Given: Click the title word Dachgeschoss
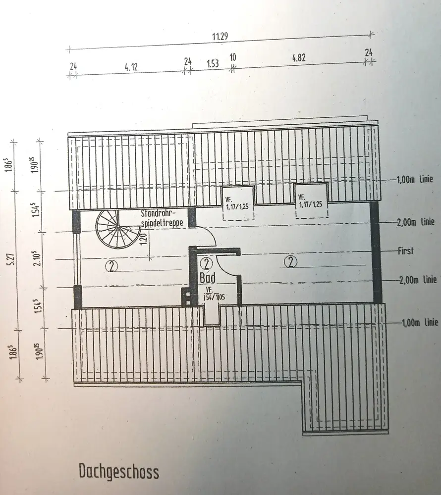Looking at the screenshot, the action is tap(119, 471).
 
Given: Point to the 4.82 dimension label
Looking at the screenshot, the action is tap(299, 57).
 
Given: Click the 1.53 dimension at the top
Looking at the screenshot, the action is tap(213, 64).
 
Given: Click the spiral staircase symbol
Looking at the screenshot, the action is tap(115, 229).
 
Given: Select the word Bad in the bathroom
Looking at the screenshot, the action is tap(208, 277).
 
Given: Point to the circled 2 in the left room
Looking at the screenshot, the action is tap(111, 267).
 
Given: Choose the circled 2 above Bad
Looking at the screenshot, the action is tap(207, 263).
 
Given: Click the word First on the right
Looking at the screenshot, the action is tap(405, 250).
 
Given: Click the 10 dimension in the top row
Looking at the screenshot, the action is tap(232, 57).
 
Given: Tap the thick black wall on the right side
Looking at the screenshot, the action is tap(376, 252).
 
